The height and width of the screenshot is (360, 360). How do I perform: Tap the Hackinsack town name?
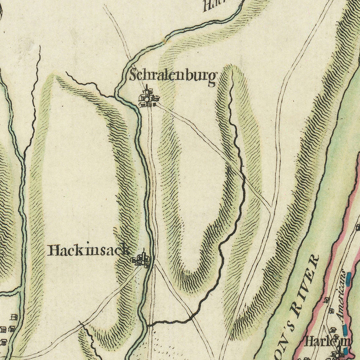point(88,251)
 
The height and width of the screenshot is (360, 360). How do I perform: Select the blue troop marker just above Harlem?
point(345,330)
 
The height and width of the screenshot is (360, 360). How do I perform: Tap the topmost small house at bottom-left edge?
point(14,317)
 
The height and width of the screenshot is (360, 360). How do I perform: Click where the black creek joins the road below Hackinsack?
point(148,326)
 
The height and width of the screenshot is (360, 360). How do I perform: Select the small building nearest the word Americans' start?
point(331,310)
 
